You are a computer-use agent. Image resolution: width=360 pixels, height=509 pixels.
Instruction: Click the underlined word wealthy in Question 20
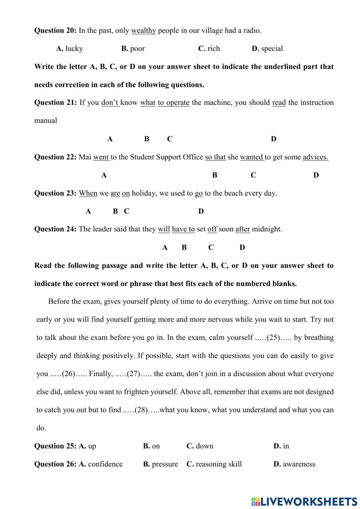click(x=143, y=31)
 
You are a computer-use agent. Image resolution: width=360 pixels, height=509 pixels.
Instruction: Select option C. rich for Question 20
click(x=209, y=49)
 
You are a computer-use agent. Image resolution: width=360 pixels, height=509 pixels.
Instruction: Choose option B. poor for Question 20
click(x=133, y=49)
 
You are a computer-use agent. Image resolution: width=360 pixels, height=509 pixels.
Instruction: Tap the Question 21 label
click(x=55, y=103)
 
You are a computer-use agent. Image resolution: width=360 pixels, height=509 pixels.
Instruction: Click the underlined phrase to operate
click(x=174, y=103)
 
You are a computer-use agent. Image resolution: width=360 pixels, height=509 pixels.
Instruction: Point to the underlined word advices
click(x=315, y=157)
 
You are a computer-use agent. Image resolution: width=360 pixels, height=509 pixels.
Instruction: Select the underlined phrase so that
click(x=215, y=157)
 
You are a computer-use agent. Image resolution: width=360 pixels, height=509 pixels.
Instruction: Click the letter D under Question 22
click(x=316, y=175)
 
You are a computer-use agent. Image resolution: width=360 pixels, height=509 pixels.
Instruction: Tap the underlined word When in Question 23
click(x=88, y=193)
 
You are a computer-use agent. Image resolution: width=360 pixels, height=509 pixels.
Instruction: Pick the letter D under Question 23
click(x=201, y=211)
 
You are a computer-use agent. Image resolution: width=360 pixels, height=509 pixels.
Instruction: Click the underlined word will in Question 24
click(x=164, y=229)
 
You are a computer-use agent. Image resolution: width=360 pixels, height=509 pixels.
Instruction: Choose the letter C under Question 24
click(x=211, y=247)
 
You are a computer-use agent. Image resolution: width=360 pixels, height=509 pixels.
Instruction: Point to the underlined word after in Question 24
click(x=243, y=229)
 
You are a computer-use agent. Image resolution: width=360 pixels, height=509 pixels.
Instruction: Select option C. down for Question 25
click(x=200, y=446)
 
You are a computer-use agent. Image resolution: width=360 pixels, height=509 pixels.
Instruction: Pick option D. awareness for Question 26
click(x=294, y=464)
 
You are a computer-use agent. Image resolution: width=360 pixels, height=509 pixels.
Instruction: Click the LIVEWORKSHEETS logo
click(x=304, y=501)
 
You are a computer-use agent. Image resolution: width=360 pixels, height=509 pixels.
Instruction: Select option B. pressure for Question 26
click(x=161, y=464)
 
